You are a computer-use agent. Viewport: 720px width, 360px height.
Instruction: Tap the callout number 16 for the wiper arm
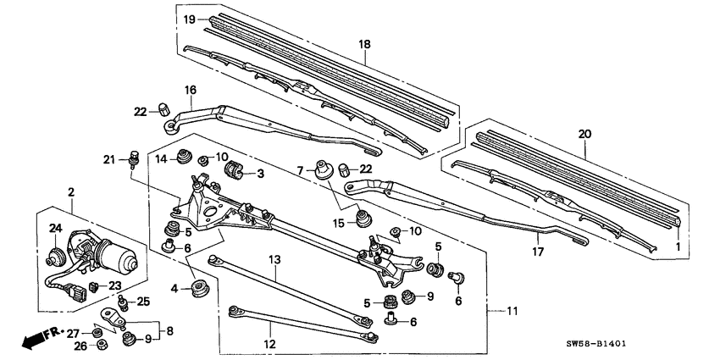click(190, 88)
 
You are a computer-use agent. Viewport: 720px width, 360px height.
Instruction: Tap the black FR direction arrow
click(34, 341)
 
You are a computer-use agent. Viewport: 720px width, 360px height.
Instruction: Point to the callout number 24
click(56, 227)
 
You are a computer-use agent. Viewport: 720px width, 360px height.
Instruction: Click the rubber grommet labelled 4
click(202, 289)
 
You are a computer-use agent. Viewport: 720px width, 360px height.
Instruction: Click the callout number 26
click(80, 345)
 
